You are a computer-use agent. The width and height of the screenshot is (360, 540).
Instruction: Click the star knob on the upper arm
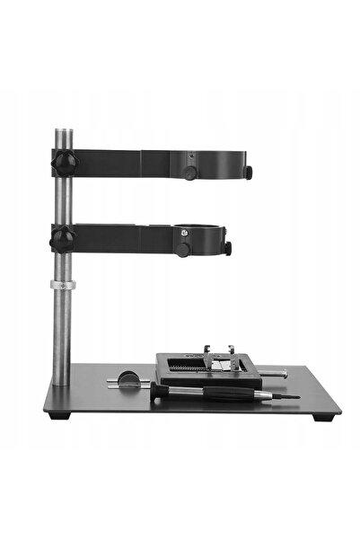click(64, 164)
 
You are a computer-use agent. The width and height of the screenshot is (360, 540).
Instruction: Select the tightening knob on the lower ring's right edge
click(229, 247)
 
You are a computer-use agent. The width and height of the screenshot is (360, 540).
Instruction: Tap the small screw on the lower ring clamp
click(183, 231)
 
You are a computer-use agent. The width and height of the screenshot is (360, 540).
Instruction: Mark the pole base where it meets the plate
click(60, 383)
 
